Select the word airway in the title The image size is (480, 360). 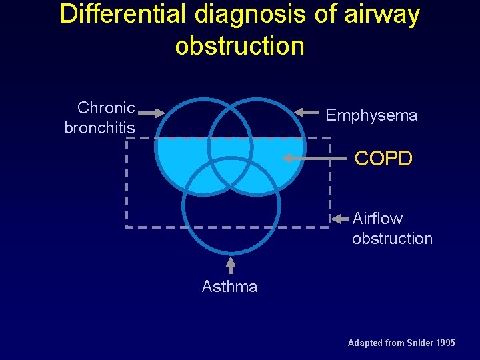coord(382,15)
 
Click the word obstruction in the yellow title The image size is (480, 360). coord(239,46)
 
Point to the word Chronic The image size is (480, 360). coord(106,107)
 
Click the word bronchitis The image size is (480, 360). coord(99,127)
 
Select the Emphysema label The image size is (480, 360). coord(371,115)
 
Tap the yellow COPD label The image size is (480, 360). coord(383,159)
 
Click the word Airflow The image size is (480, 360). coord(377,218)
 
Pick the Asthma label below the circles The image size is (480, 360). coord(229,287)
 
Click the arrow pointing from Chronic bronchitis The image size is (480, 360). coord(152,113)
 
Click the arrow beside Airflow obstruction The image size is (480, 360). coord(341,218)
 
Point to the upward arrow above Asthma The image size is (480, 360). coord(231,265)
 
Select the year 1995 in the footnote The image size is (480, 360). coord(445,343)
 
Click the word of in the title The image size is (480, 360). coord(326,15)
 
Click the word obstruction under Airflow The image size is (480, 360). coord(392,238)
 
